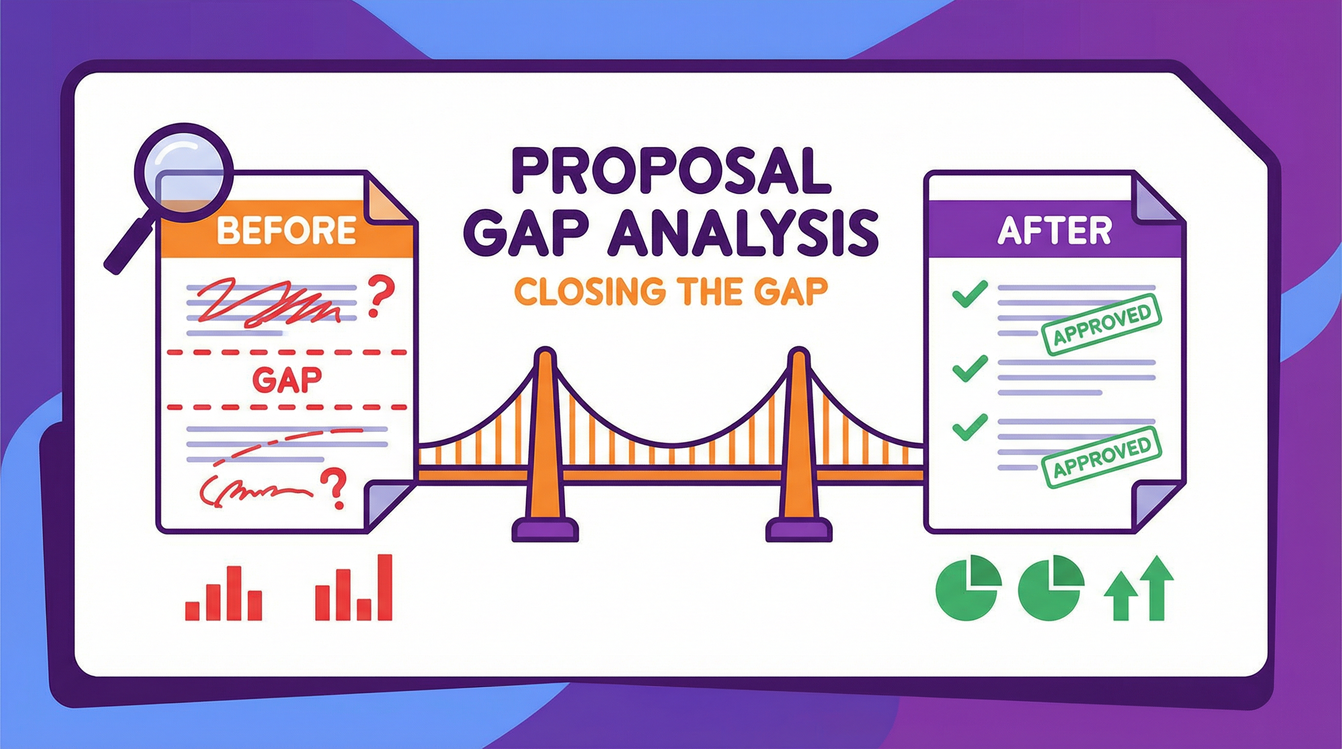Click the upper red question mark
381,296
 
